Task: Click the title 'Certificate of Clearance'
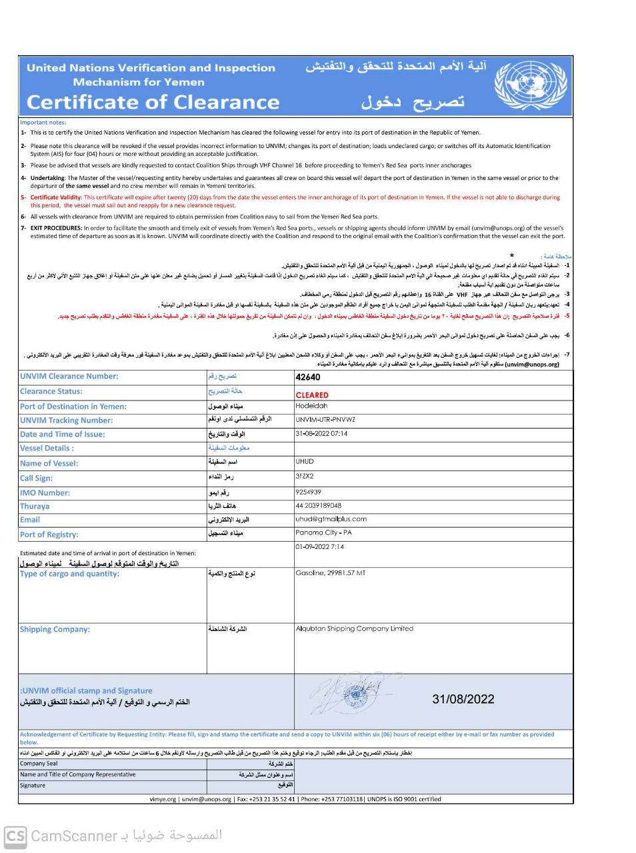(x=153, y=102)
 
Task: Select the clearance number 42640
(x=307, y=377)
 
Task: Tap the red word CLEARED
(x=312, y=395)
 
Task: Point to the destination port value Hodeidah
(x=311, y=406)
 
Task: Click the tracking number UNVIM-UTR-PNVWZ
(x=325, y=420)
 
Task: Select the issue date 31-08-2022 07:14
(x=321, y=434)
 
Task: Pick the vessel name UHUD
(x=304, y=461)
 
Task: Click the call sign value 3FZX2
(x=304, y=476)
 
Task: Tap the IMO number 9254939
(x=308, y=492)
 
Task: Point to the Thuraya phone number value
(x=318, y=506)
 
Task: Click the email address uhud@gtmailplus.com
(x=331, y=518)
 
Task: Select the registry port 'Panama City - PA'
(x=323, y=532)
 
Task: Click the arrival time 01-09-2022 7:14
(x=319, y=546)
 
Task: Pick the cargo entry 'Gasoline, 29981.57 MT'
(x=330, y=573)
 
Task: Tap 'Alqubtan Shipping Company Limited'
(x=354, y=628)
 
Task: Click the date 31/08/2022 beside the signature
(x=463, y=699)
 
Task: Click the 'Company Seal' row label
(x=39, y=764)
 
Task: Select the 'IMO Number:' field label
(x=45, y=492)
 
